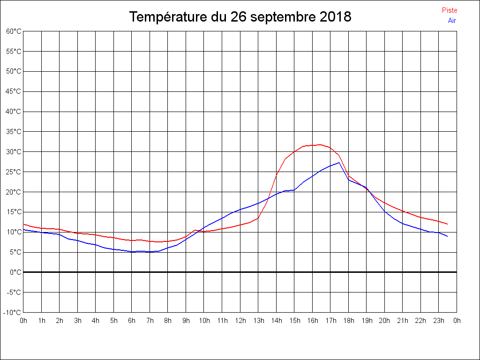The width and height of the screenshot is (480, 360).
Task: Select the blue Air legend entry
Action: point(452,21)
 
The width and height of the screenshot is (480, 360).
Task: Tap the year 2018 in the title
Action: point(336,17)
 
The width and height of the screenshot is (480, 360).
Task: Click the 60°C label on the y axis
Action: point(14,31)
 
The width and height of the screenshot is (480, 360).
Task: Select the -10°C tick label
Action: point(13,313)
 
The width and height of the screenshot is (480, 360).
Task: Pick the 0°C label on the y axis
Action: point(15,272)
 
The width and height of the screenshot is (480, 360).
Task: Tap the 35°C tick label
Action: point(14,132)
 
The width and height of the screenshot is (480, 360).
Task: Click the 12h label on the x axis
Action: point(240,321)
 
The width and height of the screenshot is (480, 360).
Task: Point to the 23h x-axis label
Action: point(439,321)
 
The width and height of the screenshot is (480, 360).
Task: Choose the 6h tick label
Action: point(132,321)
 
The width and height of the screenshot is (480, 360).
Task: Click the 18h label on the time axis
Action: point(348,321)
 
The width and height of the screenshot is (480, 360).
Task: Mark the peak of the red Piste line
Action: point(321,144)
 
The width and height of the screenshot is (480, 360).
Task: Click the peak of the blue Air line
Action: point(339,163)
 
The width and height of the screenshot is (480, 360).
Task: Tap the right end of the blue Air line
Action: point(448,236)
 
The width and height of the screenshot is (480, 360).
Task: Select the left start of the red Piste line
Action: point(23,224)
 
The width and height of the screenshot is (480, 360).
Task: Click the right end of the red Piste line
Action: point(448,224)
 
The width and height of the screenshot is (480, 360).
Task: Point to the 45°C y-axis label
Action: point(14,91)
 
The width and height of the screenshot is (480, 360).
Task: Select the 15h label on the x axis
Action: point(294,321)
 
